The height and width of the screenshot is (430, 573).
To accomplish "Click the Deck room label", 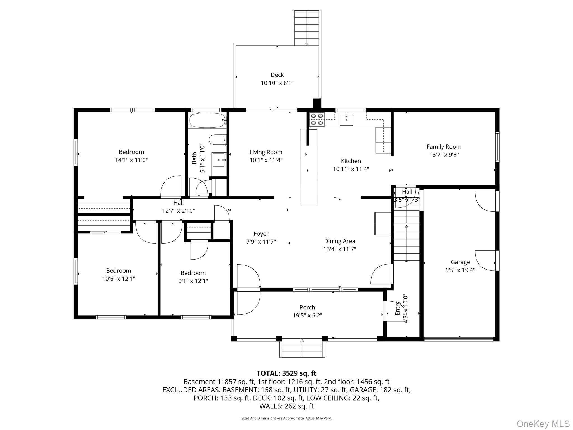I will pyautogui.click(x=277, y=75).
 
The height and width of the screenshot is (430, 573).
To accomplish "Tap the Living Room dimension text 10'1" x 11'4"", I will pyautogui.click(x=266, y=160).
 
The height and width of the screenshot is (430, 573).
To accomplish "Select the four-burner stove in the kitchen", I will pyautogui.click(x=317, y=119).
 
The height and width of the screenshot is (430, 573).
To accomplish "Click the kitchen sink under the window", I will pyautogui.click(x=346, y=120).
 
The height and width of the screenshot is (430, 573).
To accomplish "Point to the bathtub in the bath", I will pyautogui.click(x=207, y=120).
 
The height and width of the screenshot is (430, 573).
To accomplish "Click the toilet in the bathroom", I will pyautogui.click(x=217, y=140).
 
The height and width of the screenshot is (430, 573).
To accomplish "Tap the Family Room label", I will pyautogui.click(x=444, y=146).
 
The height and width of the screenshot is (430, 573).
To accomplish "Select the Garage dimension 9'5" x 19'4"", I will pyautogui.click(x=460, y=270).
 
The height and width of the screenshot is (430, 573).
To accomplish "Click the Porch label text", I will pyautogui.click(x=307, y=307).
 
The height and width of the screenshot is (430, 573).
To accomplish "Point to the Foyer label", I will pyautogui.click(x=261, y=234).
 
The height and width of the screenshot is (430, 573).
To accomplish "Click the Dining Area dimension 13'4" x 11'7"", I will pyautogui.click(x=339, y=249).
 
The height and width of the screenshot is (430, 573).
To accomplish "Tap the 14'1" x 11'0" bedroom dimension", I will pyautogui.click(x=131, y=160).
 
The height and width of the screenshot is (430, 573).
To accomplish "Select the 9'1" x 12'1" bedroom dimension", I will pyautogui.click(x=193, y=281).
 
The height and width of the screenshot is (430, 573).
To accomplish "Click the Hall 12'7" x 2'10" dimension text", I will pyautogui.click(x=179, y=211).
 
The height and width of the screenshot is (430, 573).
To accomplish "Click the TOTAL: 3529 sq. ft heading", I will pyautogui.click(x=286, y=373).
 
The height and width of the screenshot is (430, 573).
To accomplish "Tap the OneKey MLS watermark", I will pyautogui.click(x=543, y=424).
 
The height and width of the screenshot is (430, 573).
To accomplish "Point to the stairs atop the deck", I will pyautogui.click(x=307, y=28).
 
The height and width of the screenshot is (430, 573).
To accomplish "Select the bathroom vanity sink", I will pyautogui.click(x=219, y=160).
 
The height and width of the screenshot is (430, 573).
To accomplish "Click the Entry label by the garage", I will pyautogui.click(x=397, y=308).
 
